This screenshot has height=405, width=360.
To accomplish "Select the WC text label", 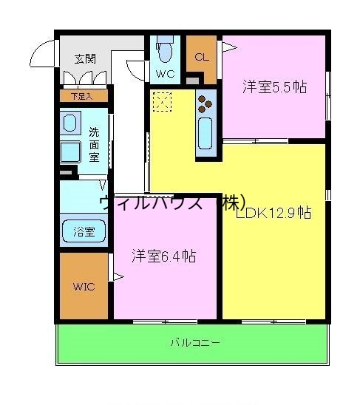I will (x=164, y=74).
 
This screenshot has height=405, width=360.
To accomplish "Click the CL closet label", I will (x=201, y=58).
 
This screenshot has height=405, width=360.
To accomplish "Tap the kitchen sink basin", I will (x=206, y=132).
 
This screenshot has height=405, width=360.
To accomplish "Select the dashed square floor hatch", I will (x=162, y=102).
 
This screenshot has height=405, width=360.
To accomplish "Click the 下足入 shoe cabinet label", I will (x=81, y=95).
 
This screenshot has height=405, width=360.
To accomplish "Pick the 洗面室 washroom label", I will (x=94, y=144).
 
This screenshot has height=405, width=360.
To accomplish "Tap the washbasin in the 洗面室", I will (x=70, y=122).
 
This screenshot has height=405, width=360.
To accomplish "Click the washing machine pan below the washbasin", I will (x=72, y=152).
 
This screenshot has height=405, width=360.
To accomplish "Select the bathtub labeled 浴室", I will (x=84, y=231).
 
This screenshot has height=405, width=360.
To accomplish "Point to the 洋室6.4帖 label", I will (x=163, y=256).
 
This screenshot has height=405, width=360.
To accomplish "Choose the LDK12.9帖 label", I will (x=274, y=214).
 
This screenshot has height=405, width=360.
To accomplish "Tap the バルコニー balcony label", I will (x=194, y=342).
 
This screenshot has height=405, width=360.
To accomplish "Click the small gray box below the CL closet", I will (x=193, y=80).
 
